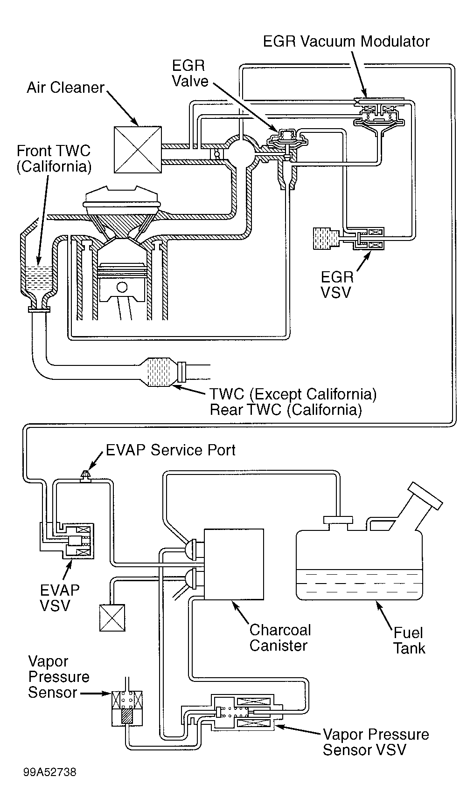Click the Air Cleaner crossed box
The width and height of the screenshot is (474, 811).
(x=138, y=150)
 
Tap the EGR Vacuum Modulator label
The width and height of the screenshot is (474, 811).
(x=346, y=41)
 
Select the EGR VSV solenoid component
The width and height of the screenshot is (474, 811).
(x=368, y=239)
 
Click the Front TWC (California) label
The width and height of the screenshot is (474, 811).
(x=53, y=158)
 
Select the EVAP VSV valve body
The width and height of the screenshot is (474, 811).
(x=77, y=541)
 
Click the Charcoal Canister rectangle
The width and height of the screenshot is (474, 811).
(x=234, y=564)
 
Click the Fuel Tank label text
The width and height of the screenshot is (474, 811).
(x=409, y=640)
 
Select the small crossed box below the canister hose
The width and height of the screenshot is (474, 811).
(x=112, y=618)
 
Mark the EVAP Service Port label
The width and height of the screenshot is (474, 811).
(x=170, y=450)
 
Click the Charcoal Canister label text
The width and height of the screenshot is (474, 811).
(x=280, y=638)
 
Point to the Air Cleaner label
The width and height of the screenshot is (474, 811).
(x=65, y=88)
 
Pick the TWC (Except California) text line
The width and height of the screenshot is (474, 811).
(x=293, y=394)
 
